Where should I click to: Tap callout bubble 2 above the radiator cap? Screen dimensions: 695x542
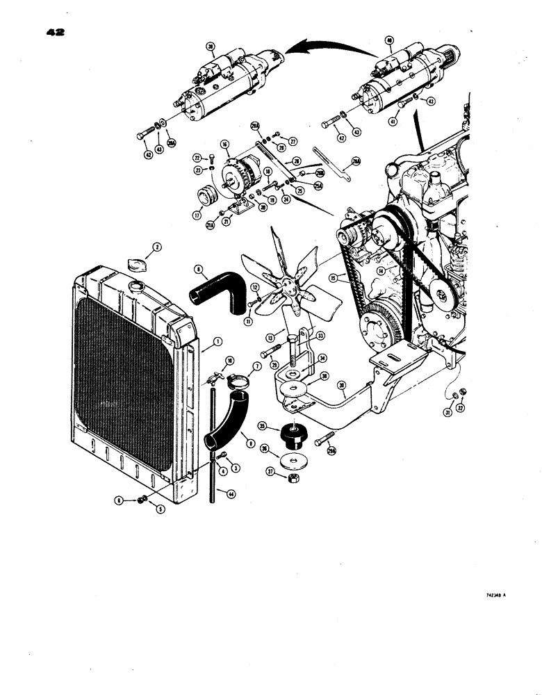(157, 247)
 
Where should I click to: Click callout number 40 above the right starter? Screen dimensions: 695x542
(389, 40)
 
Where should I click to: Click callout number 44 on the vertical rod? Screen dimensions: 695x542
(230, 493)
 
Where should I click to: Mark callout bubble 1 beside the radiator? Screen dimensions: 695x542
(217, 341)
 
